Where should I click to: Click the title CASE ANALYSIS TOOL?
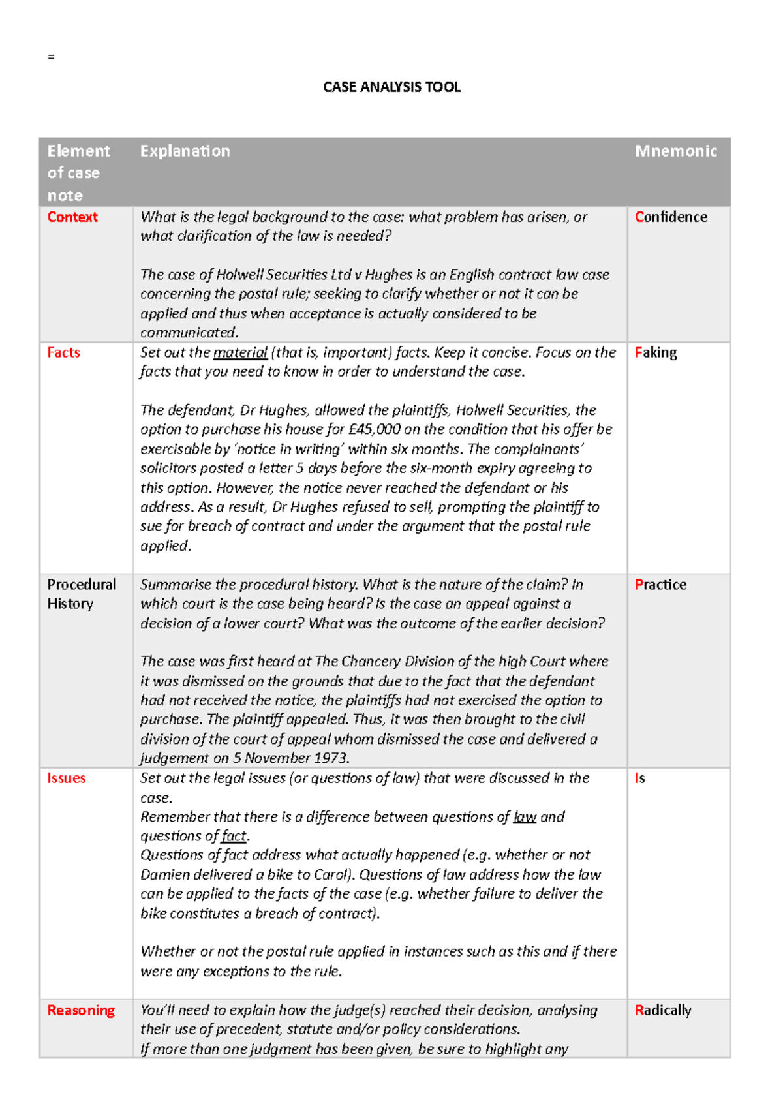tap(391, 87)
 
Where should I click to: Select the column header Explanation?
tap(185, 151)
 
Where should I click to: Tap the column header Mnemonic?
tap(675, 151)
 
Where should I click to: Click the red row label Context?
tap(72, 217)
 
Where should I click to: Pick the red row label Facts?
tap(63, 352)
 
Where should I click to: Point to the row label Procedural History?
tap(81, 594)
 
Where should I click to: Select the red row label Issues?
tap(66, 778)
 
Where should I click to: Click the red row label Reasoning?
tap(81, 1010)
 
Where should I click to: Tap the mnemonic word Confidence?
tap(671, 217)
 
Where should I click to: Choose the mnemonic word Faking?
tap(656, 352)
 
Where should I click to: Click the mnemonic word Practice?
tap(660, 585)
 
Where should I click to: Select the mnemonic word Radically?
tap(663, 1010)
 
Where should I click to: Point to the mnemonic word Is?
tap(639, 778)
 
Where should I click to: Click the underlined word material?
tap(240, 353)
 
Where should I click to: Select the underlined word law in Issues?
tap(525, 817)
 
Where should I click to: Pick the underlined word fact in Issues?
tap(234, 836)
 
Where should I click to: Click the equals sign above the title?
tap(51, 57)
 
